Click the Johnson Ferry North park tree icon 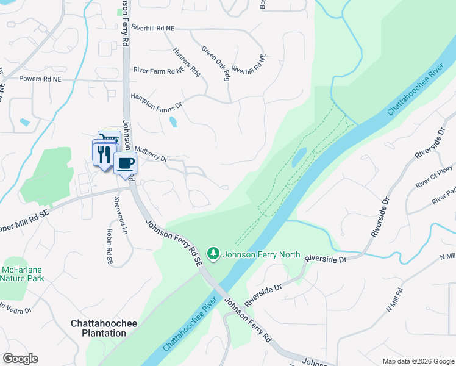(213, 253)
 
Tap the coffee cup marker (126, 163)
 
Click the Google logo (20, 359)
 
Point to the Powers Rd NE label (40, 79)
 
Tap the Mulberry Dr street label (151, 154)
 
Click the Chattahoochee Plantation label (104, 328)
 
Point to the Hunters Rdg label (187, 62)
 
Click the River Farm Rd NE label (159, 71)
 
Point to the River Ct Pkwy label (434, 176)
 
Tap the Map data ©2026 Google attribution (418, 361)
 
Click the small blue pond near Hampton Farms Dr (173, 122)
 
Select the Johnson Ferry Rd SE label (173, 242)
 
